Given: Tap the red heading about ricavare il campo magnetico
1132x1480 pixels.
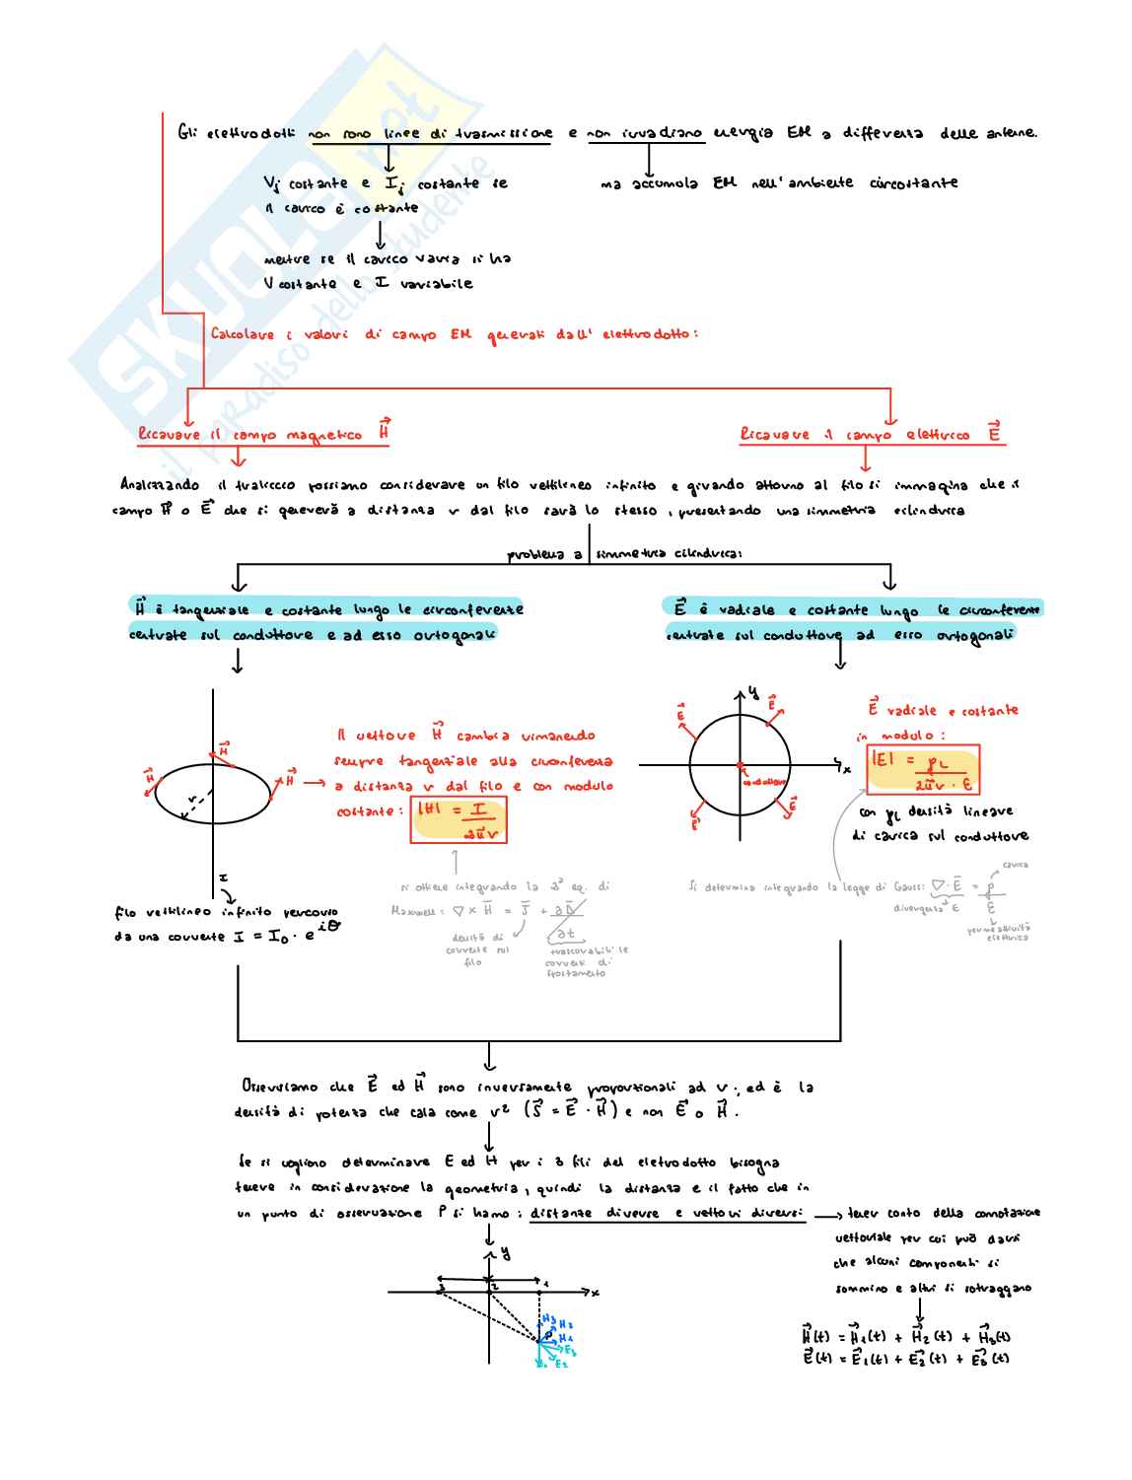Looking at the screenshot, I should pos(262,434).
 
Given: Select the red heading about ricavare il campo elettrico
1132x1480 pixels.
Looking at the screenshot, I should pos(872,434).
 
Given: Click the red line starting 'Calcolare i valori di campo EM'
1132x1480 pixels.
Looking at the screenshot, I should pos(454,334).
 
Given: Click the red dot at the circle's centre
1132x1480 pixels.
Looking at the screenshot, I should pos(740,765).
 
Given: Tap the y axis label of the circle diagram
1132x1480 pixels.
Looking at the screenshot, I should pos(754,692).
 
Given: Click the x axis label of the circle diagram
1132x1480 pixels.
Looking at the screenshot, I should pos(846,768).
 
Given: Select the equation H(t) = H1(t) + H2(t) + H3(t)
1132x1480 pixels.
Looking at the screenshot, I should pos(905,1336).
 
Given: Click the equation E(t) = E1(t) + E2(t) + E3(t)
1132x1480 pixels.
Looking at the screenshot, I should pos(905,1359).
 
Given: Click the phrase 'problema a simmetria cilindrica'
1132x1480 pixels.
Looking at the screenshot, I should pos(625,554).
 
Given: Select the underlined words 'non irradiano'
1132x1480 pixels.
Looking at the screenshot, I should pos(646,133).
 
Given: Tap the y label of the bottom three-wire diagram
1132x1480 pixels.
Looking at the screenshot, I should pos(506,1253).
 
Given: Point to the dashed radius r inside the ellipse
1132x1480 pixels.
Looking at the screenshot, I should pos(197,807).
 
